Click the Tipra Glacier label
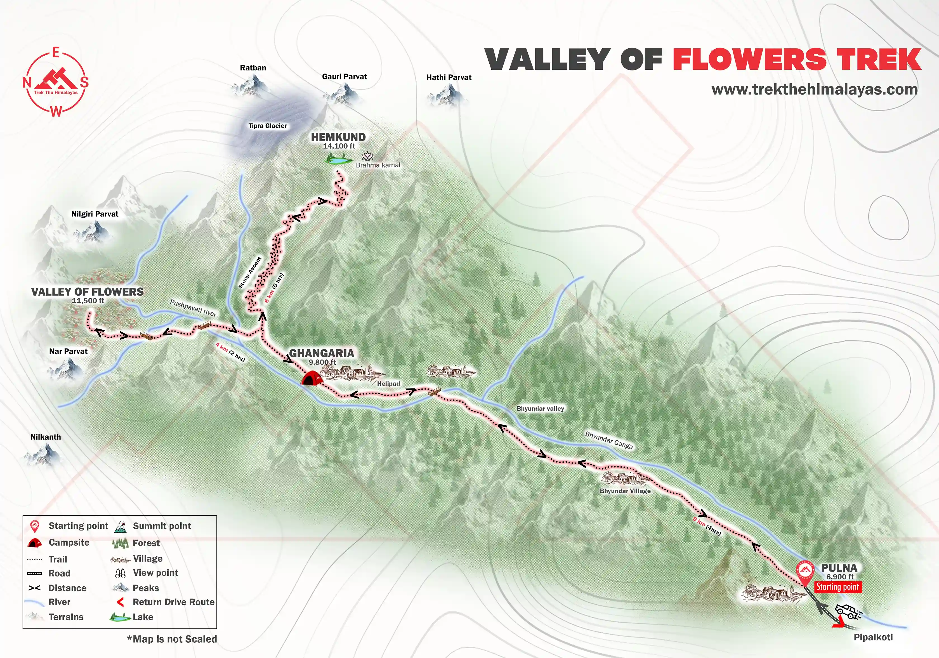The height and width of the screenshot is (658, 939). click(268, 126)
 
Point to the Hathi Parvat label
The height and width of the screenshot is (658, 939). click(449, 77)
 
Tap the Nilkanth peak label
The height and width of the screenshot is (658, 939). click(45, 437)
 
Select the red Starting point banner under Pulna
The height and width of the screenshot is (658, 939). click(837, 587)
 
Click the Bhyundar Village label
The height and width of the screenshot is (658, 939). click(625, 491)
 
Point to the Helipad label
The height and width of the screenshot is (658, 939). click(388, 384)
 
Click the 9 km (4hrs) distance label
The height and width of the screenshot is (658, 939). click(707, 526)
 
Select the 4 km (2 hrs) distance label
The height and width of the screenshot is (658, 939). click(230, 352)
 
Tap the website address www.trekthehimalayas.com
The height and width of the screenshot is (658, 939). click(814, 89)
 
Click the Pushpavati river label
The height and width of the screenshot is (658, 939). click(193, 308)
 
